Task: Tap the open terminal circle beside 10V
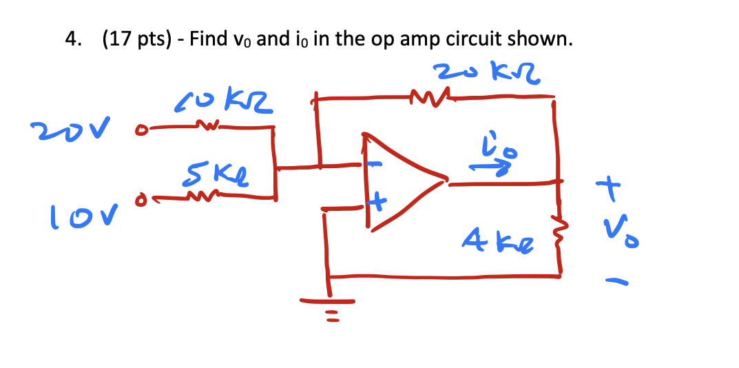(141, 201)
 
